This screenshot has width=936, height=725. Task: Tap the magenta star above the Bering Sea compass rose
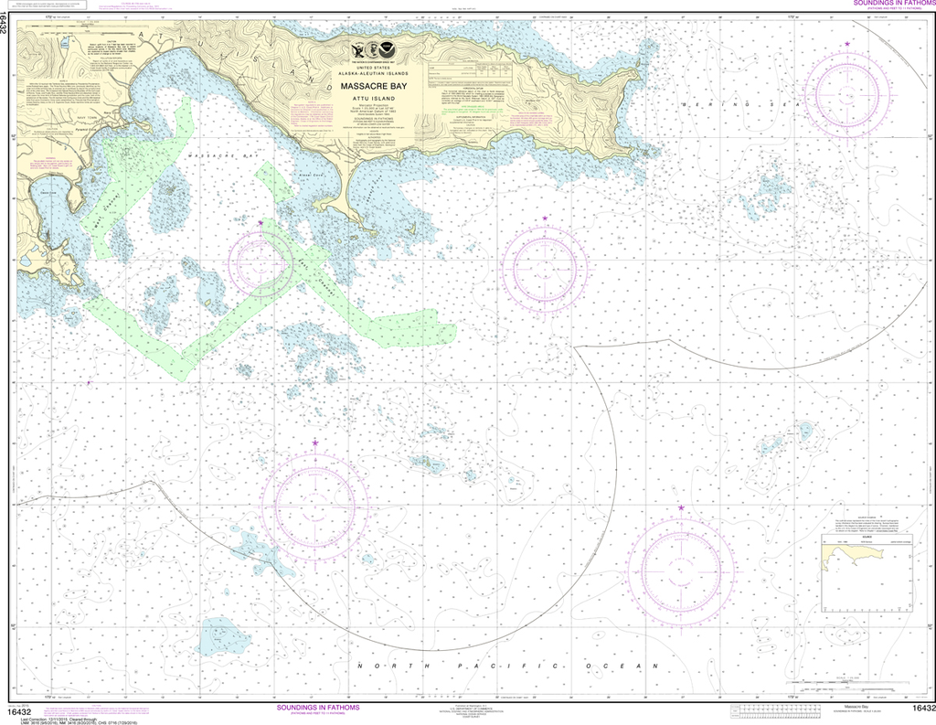[847, 44]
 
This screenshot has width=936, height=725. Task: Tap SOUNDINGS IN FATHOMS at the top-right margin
[892, 4]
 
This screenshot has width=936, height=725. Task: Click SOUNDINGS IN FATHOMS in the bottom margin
[317, 708]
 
